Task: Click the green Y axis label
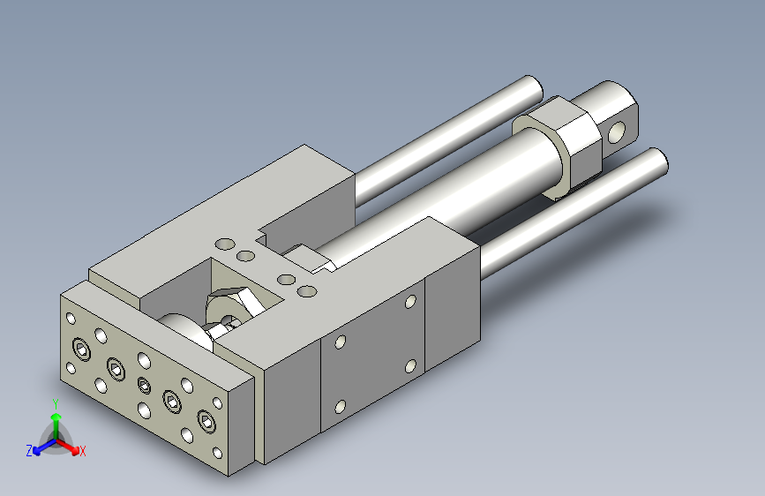click(x=56, y=403)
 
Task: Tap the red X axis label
click(x=82, y=451)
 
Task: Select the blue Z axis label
click(x=29, y=451)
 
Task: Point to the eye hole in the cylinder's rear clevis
click(x=617, y=132)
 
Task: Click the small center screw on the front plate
click(x=144, y=386)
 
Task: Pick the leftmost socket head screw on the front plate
click(x=82, y=349)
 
